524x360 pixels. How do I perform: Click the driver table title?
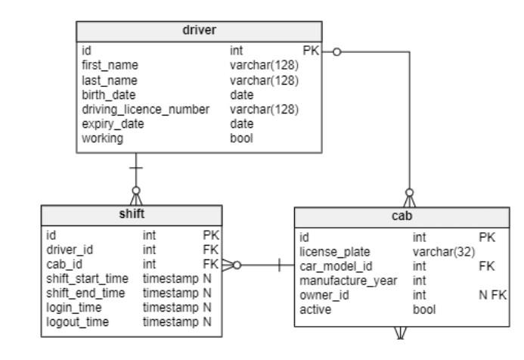pyautogui.click(x=200, y=31)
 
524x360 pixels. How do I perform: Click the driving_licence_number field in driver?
pyautogui.click(x=145, y=109)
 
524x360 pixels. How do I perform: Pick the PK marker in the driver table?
pyautogui.click(x=310, y=51)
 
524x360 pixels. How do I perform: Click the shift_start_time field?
pyautogui.click(x=85, y=279)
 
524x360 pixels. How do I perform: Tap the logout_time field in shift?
pyautogui.click(x=76, y=322)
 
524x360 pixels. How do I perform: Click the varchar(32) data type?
pyautogui.click(x=442, y=252)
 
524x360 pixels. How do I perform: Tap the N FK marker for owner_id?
pyautogui.click(x=491, y=295)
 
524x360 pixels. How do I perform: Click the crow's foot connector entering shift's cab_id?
pyautogui.click(x=230, y=265)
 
